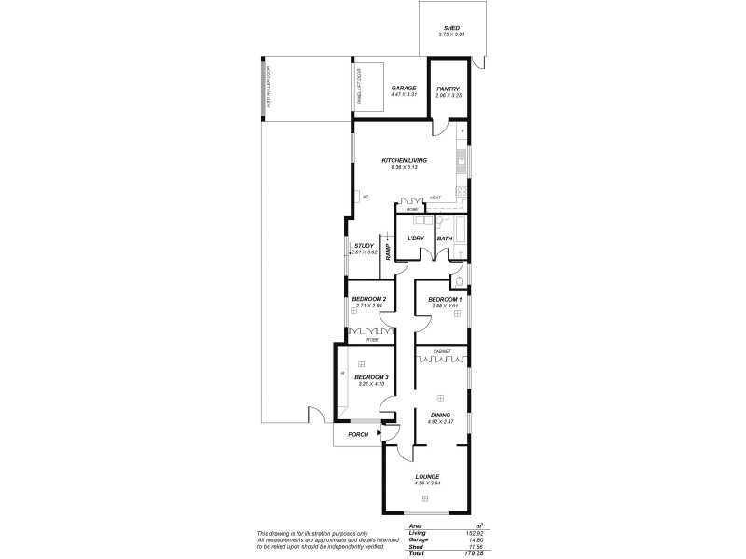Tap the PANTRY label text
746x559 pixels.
tap(449, 89)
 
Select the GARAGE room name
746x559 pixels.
tap(403, 89)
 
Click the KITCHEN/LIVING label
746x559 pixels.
tap(403, 161)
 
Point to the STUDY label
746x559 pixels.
tap(363, 246)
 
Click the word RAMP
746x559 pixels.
tap(388, 252)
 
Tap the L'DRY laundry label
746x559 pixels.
tap(416, 239)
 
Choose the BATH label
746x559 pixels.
tap(445, 239)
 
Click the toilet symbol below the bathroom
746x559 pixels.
tap(458, 281)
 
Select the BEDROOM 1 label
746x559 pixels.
tap(445, 299)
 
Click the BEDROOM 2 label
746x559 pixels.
tap(370, 299)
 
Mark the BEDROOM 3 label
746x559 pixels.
tap(370, 377)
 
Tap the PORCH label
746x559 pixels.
tap(358, 435)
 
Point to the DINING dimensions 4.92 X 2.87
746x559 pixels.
tap(440, 423)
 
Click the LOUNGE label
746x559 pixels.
tap(427, 477)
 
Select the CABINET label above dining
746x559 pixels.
tap(441, 351)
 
